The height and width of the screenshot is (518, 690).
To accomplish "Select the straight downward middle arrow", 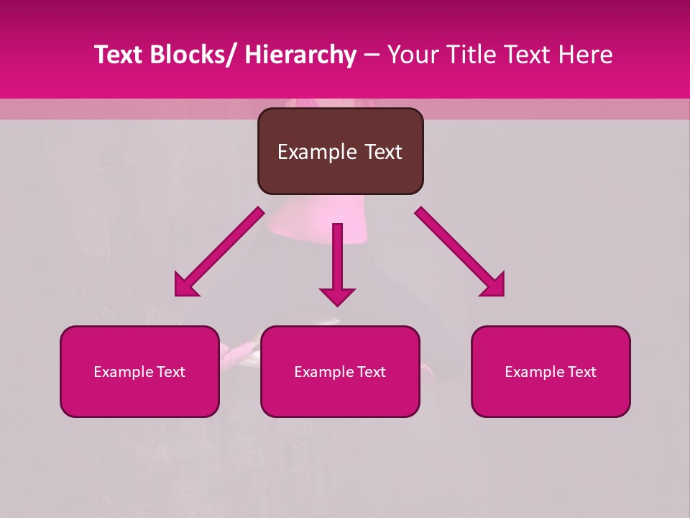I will [x=337, y=259].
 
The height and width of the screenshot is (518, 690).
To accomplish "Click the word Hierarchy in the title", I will [x=300, y=55].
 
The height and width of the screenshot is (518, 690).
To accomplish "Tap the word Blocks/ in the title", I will [x=193, y=55].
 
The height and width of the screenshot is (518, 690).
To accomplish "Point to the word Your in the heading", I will [x=411, y=55].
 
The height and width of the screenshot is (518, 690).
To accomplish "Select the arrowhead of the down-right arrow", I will [x=492, y=285].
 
